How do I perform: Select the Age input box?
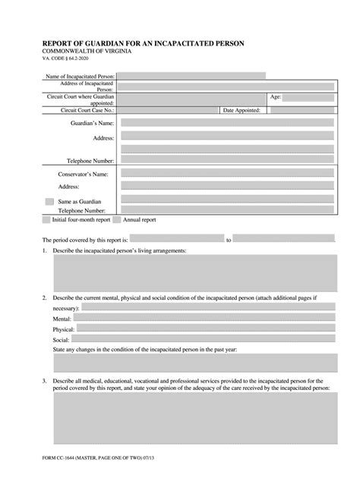[313, 98]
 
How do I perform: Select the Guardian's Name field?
[227, 122]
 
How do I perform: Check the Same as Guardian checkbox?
[49, 202]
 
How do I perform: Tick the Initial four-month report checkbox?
[46, 220]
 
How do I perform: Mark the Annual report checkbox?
[117, 220]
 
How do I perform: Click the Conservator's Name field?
[227, 173]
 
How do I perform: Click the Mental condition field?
[205, 319]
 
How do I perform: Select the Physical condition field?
[205, 329]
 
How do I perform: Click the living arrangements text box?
[194, 272]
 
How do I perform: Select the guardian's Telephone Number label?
[85, 161]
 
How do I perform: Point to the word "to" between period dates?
[228, 239]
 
